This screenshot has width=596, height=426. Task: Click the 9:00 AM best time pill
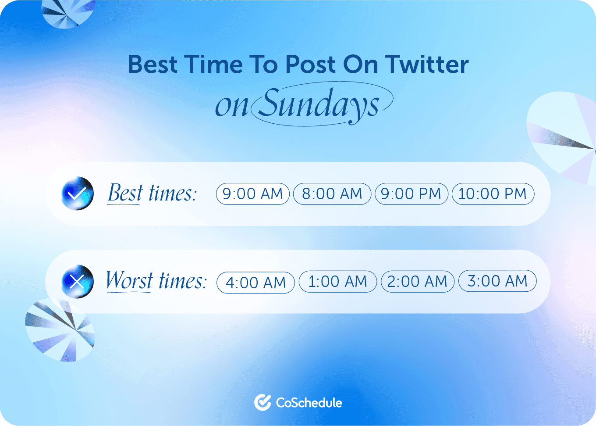click(253, 194)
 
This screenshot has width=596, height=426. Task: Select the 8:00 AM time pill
click(332, 194)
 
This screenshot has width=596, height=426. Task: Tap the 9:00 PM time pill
click(411, 194)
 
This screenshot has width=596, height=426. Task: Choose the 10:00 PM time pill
click(493, 194)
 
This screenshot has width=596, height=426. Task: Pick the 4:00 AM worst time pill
click(255, 283)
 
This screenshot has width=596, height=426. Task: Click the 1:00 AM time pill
click(337, 282)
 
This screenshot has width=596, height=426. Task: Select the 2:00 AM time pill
click(417, 282)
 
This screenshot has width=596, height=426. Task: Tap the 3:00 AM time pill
click(497, 281)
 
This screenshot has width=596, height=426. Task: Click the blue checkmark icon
click(78, 193)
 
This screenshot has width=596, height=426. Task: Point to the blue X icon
click(78, 282)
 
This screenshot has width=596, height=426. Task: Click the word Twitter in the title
click(427, 64)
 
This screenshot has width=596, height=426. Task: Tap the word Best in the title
click(153, 64)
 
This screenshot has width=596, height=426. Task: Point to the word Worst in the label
click(129, 280)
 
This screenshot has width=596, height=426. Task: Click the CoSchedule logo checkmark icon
click(263, 402)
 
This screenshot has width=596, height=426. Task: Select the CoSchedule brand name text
click(309, 403)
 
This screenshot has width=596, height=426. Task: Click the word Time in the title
click(213, 64)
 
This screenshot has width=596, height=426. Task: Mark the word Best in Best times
click(125, 193)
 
